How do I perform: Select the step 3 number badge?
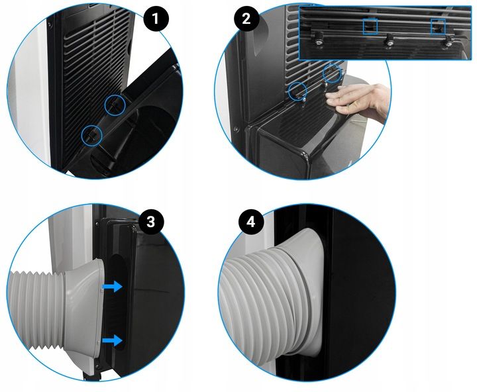(x=151, y=221)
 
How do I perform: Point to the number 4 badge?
(x=250, y=221)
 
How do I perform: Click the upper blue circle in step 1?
(x=116, y=103)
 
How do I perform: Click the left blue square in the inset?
(x=371, y=26)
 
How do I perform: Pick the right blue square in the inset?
(x=438, y=26)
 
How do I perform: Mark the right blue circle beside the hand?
(x=333, y=75)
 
